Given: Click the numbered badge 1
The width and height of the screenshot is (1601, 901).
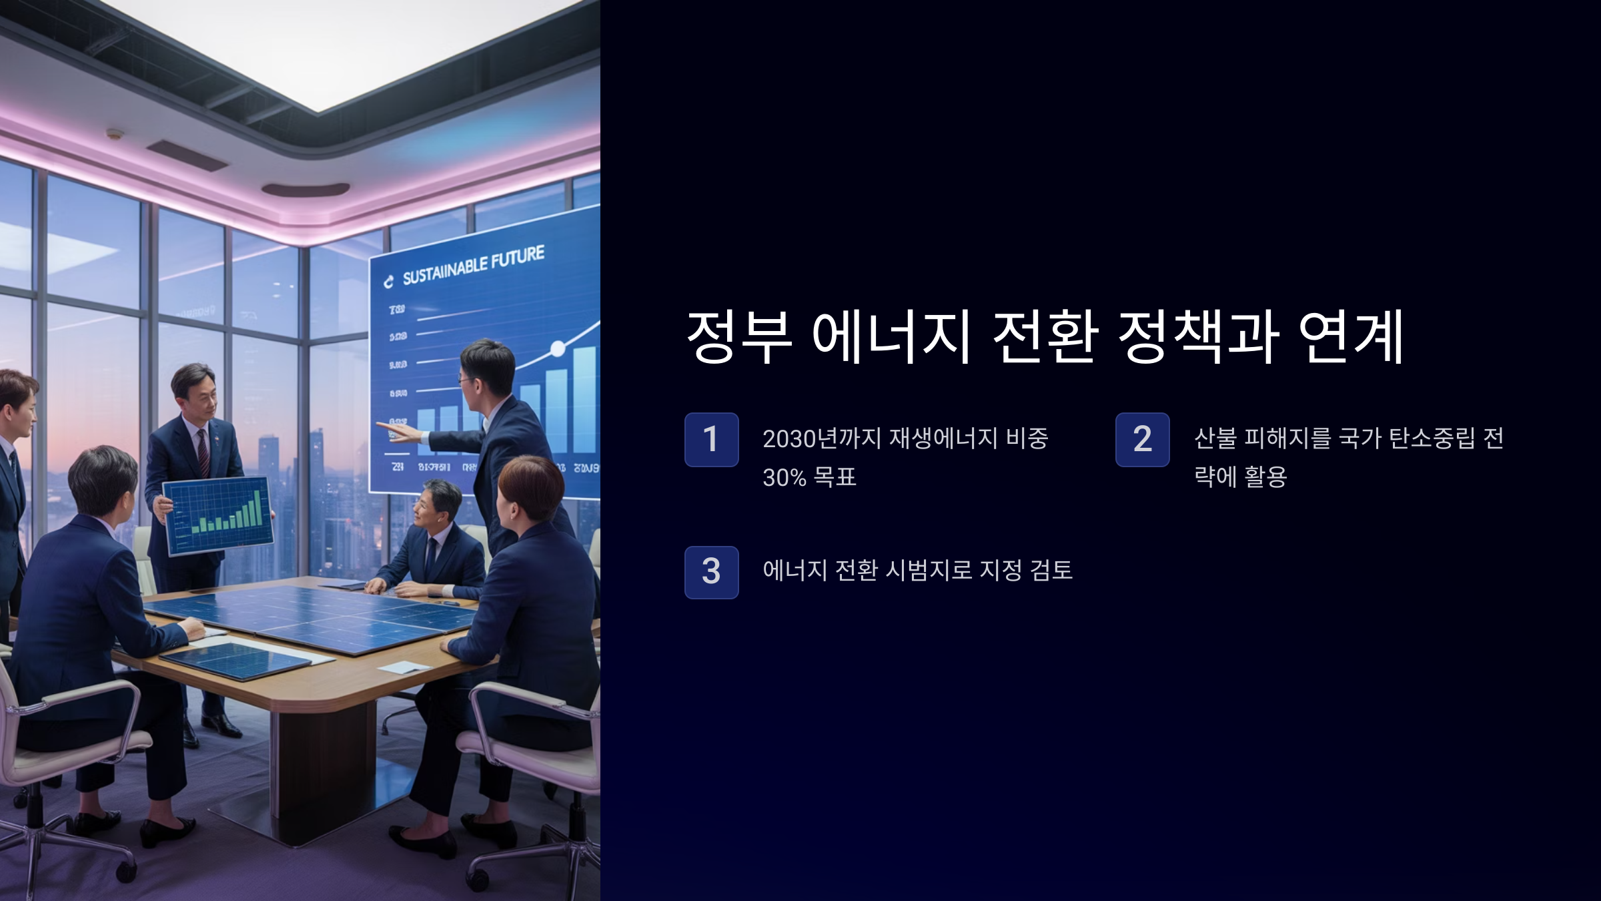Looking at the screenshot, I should [711, 439].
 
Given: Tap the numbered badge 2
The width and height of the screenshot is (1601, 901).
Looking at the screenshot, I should [1142, 439].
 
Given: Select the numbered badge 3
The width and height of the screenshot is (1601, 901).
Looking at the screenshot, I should [711, 572].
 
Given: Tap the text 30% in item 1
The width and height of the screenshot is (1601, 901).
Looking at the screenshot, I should [784, 477].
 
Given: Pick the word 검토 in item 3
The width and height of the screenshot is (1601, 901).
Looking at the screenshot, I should [1051, 570].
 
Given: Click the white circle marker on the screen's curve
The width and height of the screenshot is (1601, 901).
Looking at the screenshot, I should [558, 348].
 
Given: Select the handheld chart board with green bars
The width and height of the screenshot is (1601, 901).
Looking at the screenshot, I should [218, 515].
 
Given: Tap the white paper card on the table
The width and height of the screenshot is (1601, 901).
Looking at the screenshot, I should [404, 667].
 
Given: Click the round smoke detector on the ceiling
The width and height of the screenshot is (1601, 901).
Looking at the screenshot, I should [115, 133].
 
